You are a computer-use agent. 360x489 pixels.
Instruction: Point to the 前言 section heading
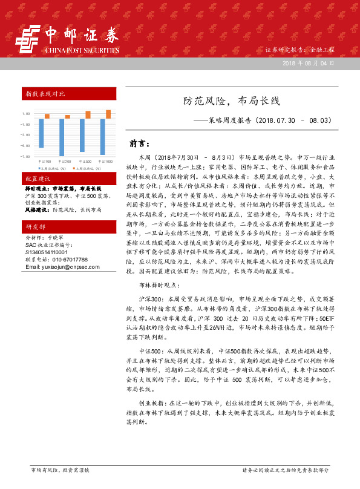(140, 144)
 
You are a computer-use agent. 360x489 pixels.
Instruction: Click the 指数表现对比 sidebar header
(45, 94)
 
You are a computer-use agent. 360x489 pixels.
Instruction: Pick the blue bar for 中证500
(82, 135)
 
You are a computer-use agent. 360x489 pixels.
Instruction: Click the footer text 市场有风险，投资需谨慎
(60, 470)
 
